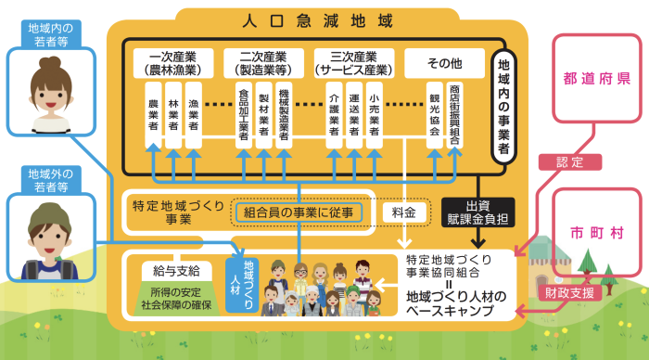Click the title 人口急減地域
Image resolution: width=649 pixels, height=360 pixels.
[x=317, y=20]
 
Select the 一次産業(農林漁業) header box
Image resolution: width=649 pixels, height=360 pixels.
[x=173, y=63]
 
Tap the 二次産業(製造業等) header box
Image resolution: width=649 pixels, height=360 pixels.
[x=263, y=63]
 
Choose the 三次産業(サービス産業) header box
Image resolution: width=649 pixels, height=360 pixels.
[x=354, y=63]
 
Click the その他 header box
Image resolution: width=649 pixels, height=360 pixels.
[x=444, y=63]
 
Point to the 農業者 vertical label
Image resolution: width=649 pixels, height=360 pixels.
[x=153, y=115]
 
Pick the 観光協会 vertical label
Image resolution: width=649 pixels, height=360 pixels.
[x=434, y=115]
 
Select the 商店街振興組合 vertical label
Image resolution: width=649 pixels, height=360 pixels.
[x=454, y=115]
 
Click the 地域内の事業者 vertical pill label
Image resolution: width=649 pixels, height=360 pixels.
[x=503, y=107]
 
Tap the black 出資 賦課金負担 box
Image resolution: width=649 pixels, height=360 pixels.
[x=478, y=212]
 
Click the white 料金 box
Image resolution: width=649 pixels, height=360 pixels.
[x=404, y=212]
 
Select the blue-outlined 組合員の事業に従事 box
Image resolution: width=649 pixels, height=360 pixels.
[x=299, y=212]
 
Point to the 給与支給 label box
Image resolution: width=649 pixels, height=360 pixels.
[x=177, y=271]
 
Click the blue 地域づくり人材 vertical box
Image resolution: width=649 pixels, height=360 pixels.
[x=242, y=285]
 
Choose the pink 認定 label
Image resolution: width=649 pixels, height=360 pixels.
[x=570, y=162]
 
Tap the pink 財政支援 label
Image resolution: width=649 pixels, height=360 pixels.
[x=569, y=293]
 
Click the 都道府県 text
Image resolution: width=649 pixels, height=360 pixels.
[x=597, y=78]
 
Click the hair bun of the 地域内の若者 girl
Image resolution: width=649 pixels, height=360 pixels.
[x=50, y=63]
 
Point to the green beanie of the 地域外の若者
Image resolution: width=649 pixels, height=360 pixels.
[x=50, y=215]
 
